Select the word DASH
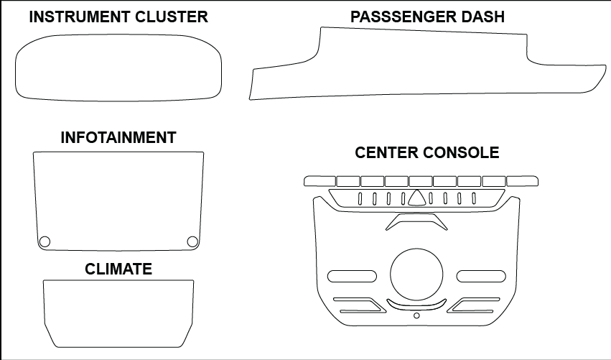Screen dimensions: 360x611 click(x=483, y=17)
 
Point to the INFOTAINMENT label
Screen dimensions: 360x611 click(x=118, y=138)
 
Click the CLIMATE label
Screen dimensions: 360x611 click(x=118, y=269)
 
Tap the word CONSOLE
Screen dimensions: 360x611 click(x=465, y=153)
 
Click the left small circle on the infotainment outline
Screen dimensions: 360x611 click(x=45, y=241)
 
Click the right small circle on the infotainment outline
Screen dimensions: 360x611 click(x=192, y=241)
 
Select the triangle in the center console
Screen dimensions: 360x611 click(x=416, y=198)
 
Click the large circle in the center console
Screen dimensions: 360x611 click(x=416, y=275)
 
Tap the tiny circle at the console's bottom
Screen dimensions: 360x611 click(x=416, y=315)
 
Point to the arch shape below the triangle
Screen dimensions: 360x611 click(x=416, y=221)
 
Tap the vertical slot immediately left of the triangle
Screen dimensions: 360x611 click(x=403, y=198)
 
